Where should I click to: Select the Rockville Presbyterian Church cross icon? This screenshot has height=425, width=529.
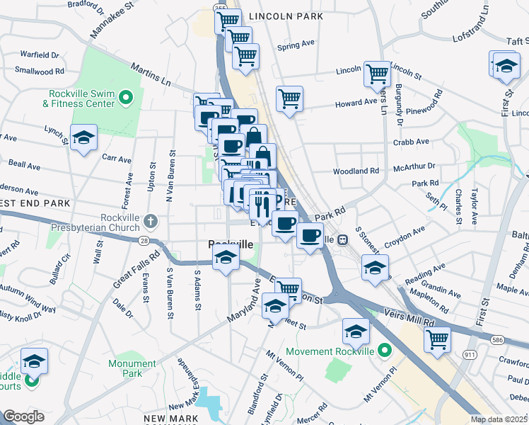pos(149,222)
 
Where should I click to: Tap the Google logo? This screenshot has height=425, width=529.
pos(23,416)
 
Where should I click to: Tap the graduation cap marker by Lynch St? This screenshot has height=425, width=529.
pos(83,137)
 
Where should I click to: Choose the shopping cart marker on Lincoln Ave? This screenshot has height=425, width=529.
pos(378,73)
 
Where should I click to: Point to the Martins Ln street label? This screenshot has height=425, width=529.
pos(151,74)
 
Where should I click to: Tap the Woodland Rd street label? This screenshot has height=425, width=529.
pos(356,171)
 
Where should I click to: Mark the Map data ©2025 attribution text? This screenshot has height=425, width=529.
pos(499,419)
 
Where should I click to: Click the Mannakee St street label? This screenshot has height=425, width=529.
pos(112,20)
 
